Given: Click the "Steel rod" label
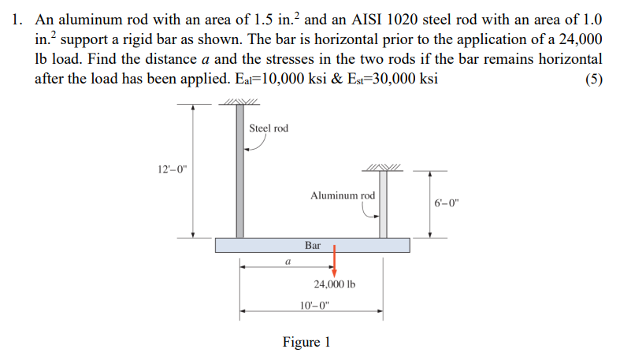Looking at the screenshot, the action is point(269,128).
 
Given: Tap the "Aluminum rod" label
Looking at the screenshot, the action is point(343,195).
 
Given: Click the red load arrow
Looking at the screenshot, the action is point(335,260).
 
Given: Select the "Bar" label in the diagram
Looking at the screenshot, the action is point(313,245).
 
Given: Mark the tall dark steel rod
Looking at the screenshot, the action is point(239,173).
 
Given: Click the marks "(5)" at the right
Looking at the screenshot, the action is point(592,79).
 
